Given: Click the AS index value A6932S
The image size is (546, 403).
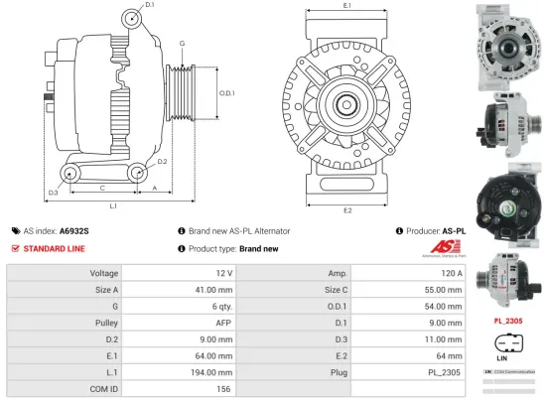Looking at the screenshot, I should point(74,229).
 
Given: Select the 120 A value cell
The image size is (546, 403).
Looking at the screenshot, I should point(452,272).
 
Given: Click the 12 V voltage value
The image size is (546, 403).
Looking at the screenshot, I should point(223,272).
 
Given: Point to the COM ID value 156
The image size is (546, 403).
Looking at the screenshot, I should point(225,389).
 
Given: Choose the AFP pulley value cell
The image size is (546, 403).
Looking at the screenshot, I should point(223,323).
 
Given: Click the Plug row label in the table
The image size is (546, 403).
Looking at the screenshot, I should point(334,372).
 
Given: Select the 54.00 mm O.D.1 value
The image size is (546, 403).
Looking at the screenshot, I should point(443,306).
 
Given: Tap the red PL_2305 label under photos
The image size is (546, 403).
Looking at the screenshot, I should point(509,322).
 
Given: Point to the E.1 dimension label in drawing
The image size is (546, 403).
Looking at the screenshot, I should point(346,6).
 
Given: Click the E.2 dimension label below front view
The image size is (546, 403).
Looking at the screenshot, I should point(346,210).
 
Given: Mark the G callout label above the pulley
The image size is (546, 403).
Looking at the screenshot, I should point(182,44).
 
